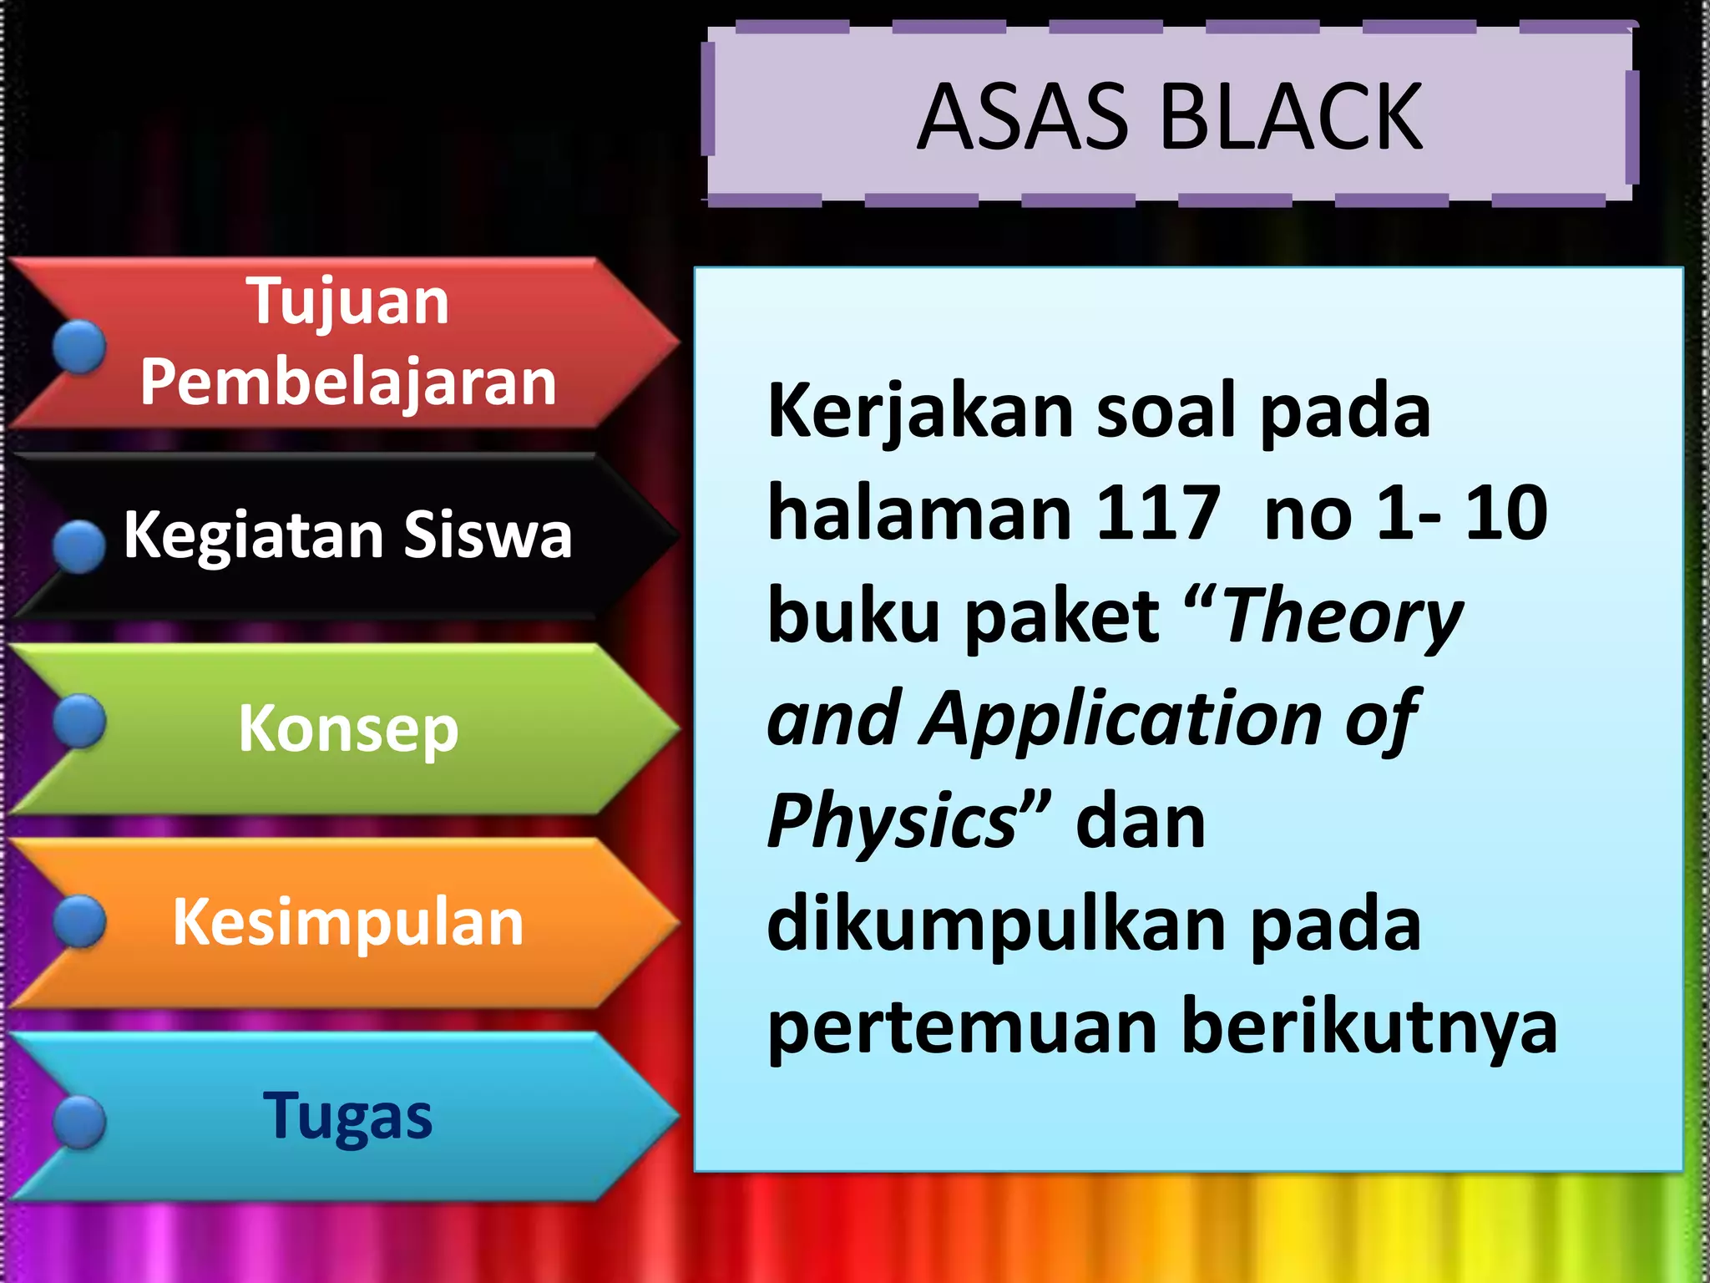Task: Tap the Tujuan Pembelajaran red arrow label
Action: [347, 342]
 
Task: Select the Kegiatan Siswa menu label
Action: [347, 535]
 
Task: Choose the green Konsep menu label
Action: [347, 728]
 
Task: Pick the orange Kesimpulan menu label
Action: [347, 922]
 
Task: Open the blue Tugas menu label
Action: [347, 1116]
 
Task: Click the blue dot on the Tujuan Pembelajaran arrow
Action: [79, 347]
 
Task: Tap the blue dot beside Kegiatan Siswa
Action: [79, 546]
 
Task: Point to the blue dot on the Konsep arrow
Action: [79, 721]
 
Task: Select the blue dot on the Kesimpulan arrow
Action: [79, 922]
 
